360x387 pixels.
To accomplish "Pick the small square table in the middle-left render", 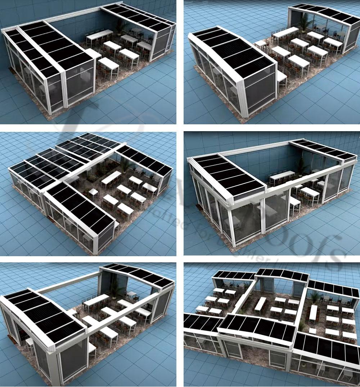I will pos(93,192).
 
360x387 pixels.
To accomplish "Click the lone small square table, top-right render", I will pos(260,44).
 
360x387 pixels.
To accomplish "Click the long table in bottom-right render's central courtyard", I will pos(260,304).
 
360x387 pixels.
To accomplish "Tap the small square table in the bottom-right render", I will pos(312,330).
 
